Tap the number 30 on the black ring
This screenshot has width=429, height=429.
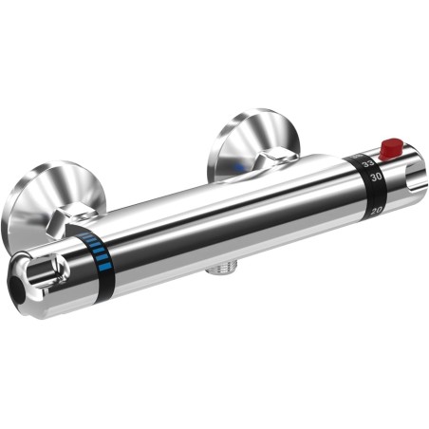(375, 177)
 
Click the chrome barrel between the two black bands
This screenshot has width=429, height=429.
(228, 214)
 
